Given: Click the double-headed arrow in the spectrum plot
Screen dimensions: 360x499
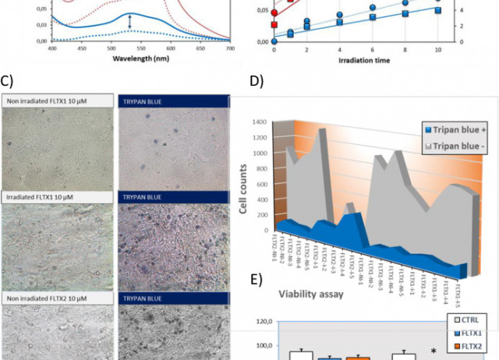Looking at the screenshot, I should pyautogui.click(x=130, y=26).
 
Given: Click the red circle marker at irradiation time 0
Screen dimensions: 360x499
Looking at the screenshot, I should pyautogui.click(x=274, y=12).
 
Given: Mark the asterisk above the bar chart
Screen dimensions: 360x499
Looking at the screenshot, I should pyautogui.click(x=433, y=351).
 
